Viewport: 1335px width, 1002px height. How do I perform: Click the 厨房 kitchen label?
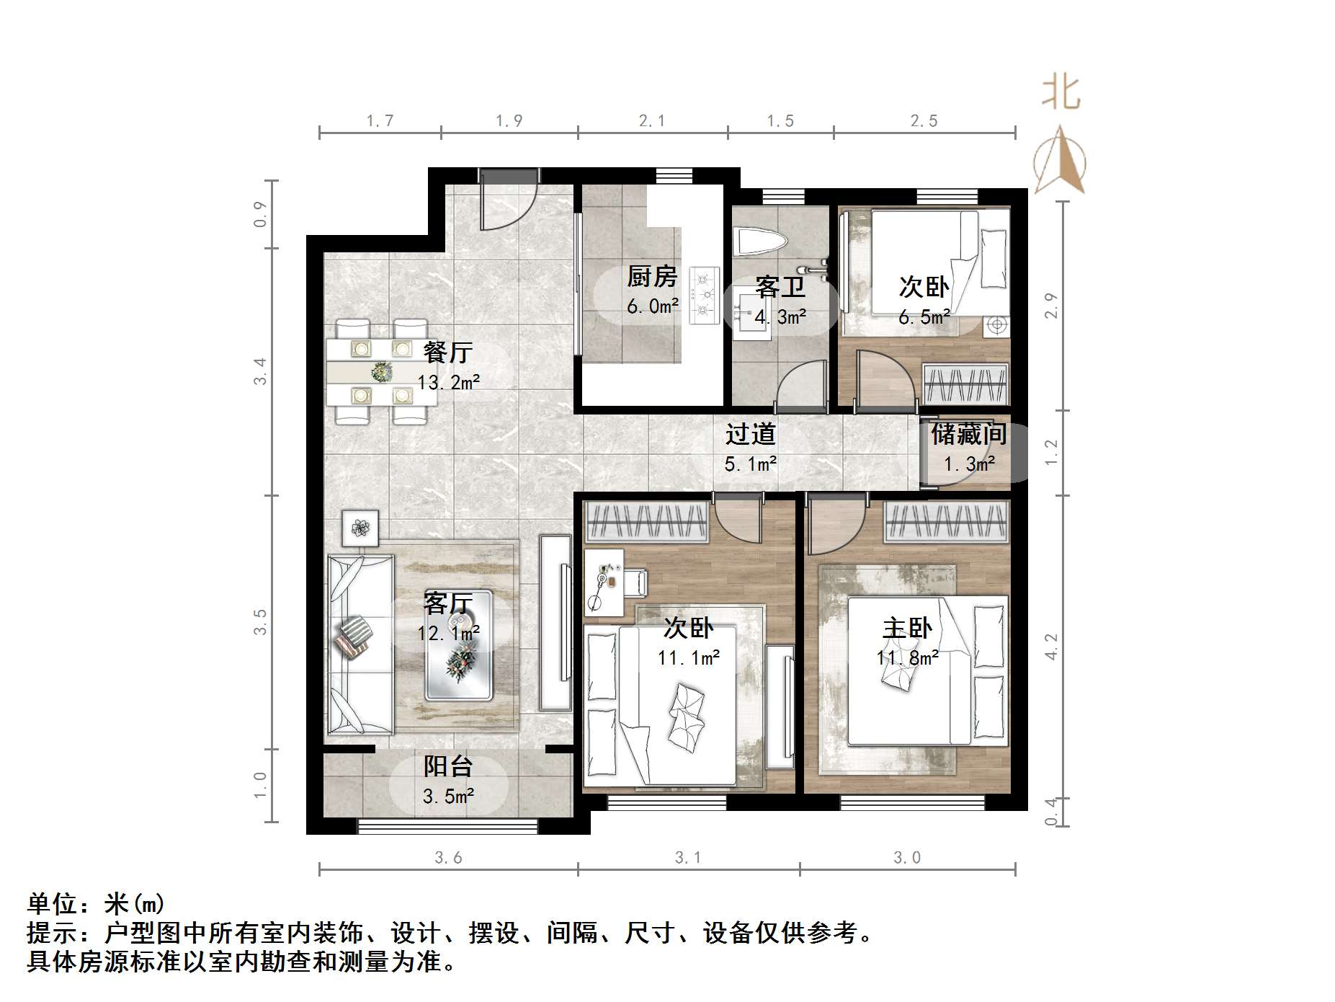click(652, 276)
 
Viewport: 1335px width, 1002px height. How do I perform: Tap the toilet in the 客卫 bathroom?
click(758, 242)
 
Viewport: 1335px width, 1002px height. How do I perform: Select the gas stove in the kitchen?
click(704, 294)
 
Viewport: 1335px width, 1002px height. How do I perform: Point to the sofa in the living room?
click(359, 643)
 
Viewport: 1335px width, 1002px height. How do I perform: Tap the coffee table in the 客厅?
click(459, 646)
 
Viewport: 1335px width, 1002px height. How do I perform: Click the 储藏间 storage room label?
click(968, 435)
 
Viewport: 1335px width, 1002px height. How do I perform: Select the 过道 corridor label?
click(750, 435)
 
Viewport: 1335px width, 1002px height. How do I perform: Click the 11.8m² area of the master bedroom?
click(907, 658)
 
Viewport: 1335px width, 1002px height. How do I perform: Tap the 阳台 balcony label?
click(447, 766)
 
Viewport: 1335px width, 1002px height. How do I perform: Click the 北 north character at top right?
click(1061, 94)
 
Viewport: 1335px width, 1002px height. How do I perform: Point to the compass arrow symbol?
click(1060, 161)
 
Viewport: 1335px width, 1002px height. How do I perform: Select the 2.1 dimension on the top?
click(652, 121)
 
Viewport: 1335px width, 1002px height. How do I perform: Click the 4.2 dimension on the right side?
click(1051, 647)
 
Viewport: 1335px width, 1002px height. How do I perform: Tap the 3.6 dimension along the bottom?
click(448, 858)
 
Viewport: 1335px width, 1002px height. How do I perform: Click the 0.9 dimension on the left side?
click(261, 215)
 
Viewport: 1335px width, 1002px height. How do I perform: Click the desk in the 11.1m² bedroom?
click(604, 582)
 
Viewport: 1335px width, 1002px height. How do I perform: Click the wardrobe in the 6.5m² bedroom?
click(965, 383)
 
